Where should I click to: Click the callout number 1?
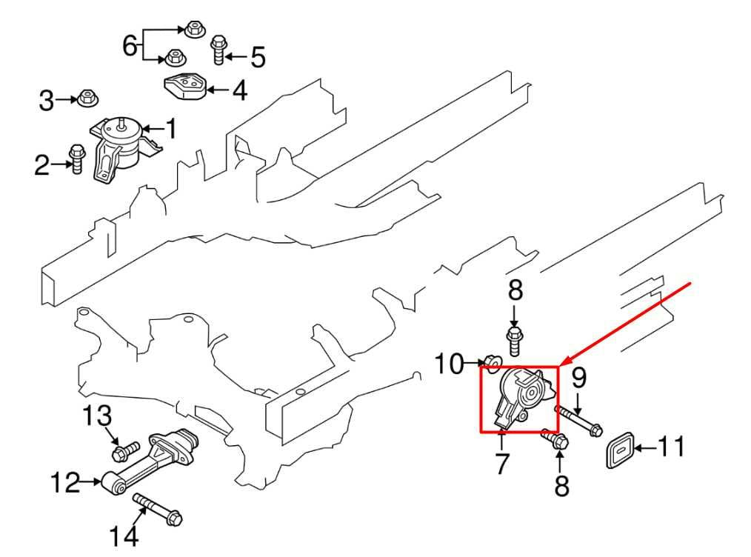coord(171,130)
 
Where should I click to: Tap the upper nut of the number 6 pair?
coord(195,30)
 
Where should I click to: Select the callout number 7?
coord(502,464)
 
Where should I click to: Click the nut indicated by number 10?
coord(492,362)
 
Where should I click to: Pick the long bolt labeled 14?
coord(158,510)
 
